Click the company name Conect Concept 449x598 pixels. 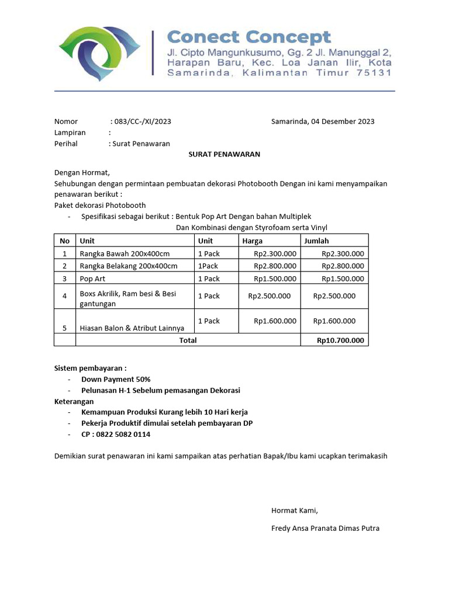point(249,37)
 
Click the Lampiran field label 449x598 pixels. point(70,133)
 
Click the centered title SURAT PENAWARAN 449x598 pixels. point(224,154)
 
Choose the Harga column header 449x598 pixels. point(252,241)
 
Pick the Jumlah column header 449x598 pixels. point(316,241)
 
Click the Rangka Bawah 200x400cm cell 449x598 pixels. point(125,253)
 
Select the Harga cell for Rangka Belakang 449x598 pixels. point(275,266)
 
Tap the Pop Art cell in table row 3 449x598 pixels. point(92,279)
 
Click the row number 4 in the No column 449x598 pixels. point(65,296)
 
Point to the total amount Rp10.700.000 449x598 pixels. point(340,340)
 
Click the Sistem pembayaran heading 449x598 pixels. point(90,368)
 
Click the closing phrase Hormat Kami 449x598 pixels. point(295,510)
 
